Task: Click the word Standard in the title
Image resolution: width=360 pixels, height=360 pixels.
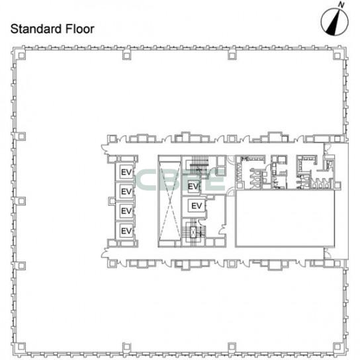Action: click(x=36, y=29)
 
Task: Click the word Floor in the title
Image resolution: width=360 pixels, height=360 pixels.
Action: click(x=80, y=29)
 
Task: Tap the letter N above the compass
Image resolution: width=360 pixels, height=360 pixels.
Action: click(x=342, y=5)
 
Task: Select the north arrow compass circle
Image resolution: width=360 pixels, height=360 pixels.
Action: click(x=334, y=22)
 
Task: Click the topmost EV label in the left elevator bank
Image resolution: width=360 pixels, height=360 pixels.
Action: click(x=126, y=172)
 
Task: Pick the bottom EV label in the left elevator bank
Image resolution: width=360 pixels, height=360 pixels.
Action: click(x=126, y=231)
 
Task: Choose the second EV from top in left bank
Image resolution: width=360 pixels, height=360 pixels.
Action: click(x=126, y=191)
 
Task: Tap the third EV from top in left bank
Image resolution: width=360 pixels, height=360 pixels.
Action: click(x=126, y=210)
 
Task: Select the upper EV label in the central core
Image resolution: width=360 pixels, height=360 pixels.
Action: click(x=193, y=187)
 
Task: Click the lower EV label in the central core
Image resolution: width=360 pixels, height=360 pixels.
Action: click(x=197, y=206)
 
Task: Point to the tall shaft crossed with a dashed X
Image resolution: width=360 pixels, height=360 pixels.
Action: click(x=169, y=201)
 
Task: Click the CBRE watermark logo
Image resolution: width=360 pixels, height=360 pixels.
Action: click(x=180, y=180)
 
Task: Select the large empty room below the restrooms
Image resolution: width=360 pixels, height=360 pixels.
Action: click(x=285, y=218)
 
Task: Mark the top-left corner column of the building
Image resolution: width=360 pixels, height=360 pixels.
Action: click(x=21, y=56)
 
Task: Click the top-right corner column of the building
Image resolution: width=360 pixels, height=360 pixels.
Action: click(x=337, y=56)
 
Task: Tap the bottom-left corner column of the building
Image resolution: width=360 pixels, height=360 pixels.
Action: click(x=21, y=347)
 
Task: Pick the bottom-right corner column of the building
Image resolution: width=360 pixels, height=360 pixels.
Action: click(x=337, y=347)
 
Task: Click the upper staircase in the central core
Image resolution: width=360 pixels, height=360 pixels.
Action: click(x=200, y=165)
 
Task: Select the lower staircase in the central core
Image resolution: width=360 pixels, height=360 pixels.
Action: click(x=193, y=232)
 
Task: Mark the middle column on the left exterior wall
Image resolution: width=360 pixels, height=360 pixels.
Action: click(x=21, y=201)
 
